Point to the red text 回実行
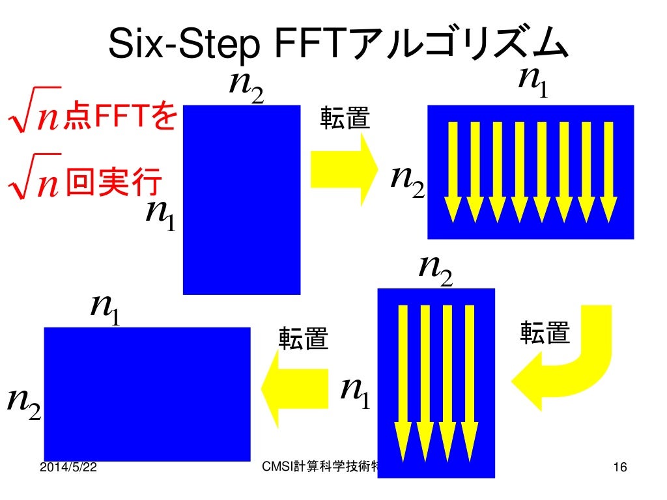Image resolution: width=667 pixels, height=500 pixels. point(114,184)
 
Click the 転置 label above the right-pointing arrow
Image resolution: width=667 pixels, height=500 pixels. point(345,118)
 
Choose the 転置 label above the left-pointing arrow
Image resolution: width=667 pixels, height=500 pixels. point(304,339)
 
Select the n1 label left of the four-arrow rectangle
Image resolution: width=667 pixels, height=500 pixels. point(356,391)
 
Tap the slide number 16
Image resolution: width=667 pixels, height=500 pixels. point(619,467)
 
